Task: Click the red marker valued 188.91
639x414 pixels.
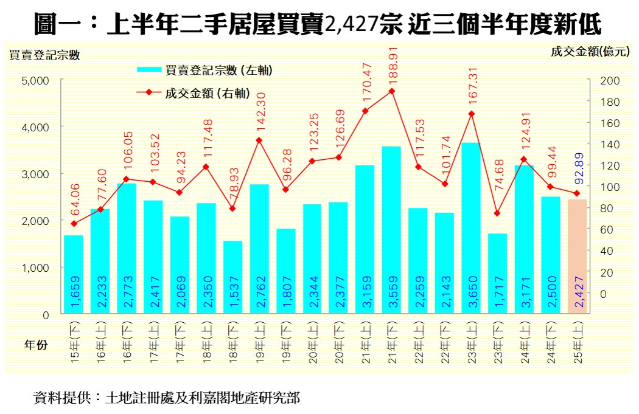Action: coord(392,91)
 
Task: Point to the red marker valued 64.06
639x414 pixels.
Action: coord(74,224)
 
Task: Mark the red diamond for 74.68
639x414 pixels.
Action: coord(497,213)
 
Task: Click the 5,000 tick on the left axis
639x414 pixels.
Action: coord(38,80)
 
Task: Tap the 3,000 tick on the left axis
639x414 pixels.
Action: coord(38,174)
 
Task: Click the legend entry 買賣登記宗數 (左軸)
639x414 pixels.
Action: coord(218,71)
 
